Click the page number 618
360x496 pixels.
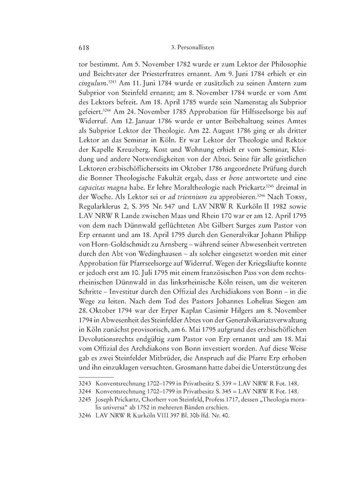click(x=84, y=48)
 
